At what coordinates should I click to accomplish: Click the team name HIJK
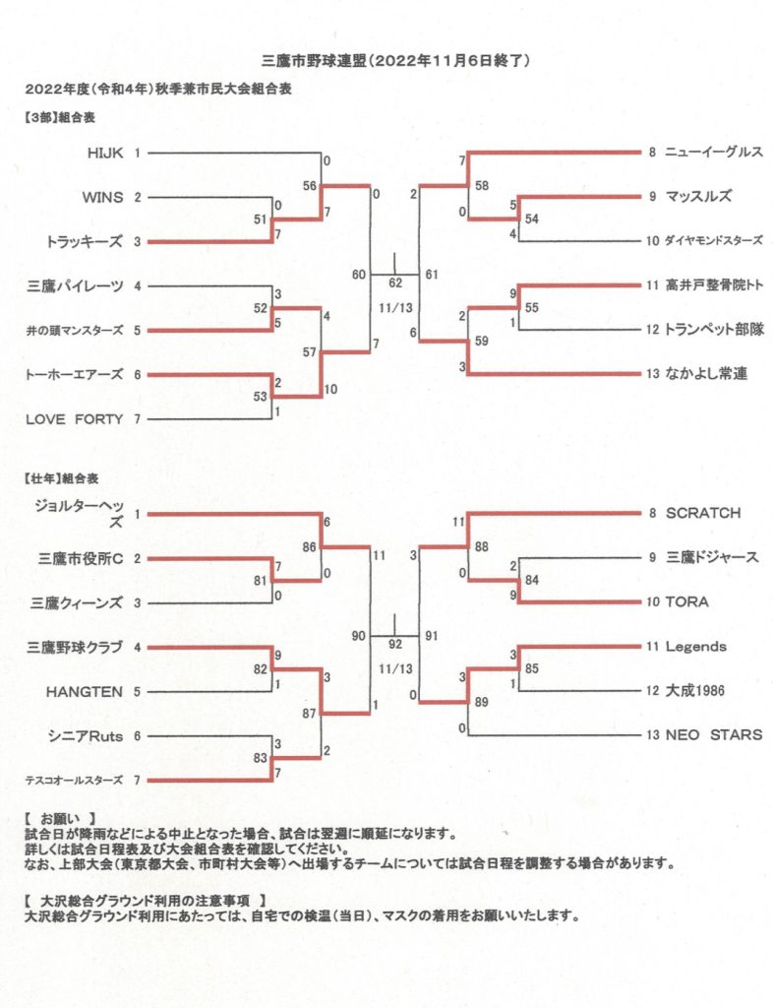(105, 153)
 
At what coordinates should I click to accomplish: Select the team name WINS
(102, 197)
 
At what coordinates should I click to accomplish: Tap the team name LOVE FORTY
(74, 419)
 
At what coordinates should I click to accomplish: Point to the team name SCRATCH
(703, 513)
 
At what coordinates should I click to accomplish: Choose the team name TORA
(687, 601)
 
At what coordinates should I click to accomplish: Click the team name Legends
(696, 646)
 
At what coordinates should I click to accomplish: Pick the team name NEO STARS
(714, 734)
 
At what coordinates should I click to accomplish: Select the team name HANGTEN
(85, 692)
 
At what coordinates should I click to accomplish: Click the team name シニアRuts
(86, 736)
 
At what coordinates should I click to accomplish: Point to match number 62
(395, 283)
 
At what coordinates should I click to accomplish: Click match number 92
(395, 644)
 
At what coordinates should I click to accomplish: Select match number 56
(310, 186)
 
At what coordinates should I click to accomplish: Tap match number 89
(482, 702)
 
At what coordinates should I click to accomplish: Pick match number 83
(260, 758)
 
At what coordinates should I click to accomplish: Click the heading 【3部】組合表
(60, 118)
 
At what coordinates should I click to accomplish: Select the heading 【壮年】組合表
(62, 479)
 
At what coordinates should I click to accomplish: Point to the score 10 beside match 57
(330, 389)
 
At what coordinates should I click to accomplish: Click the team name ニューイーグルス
(714, 152)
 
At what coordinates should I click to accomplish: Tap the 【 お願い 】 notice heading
(60, 819)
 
